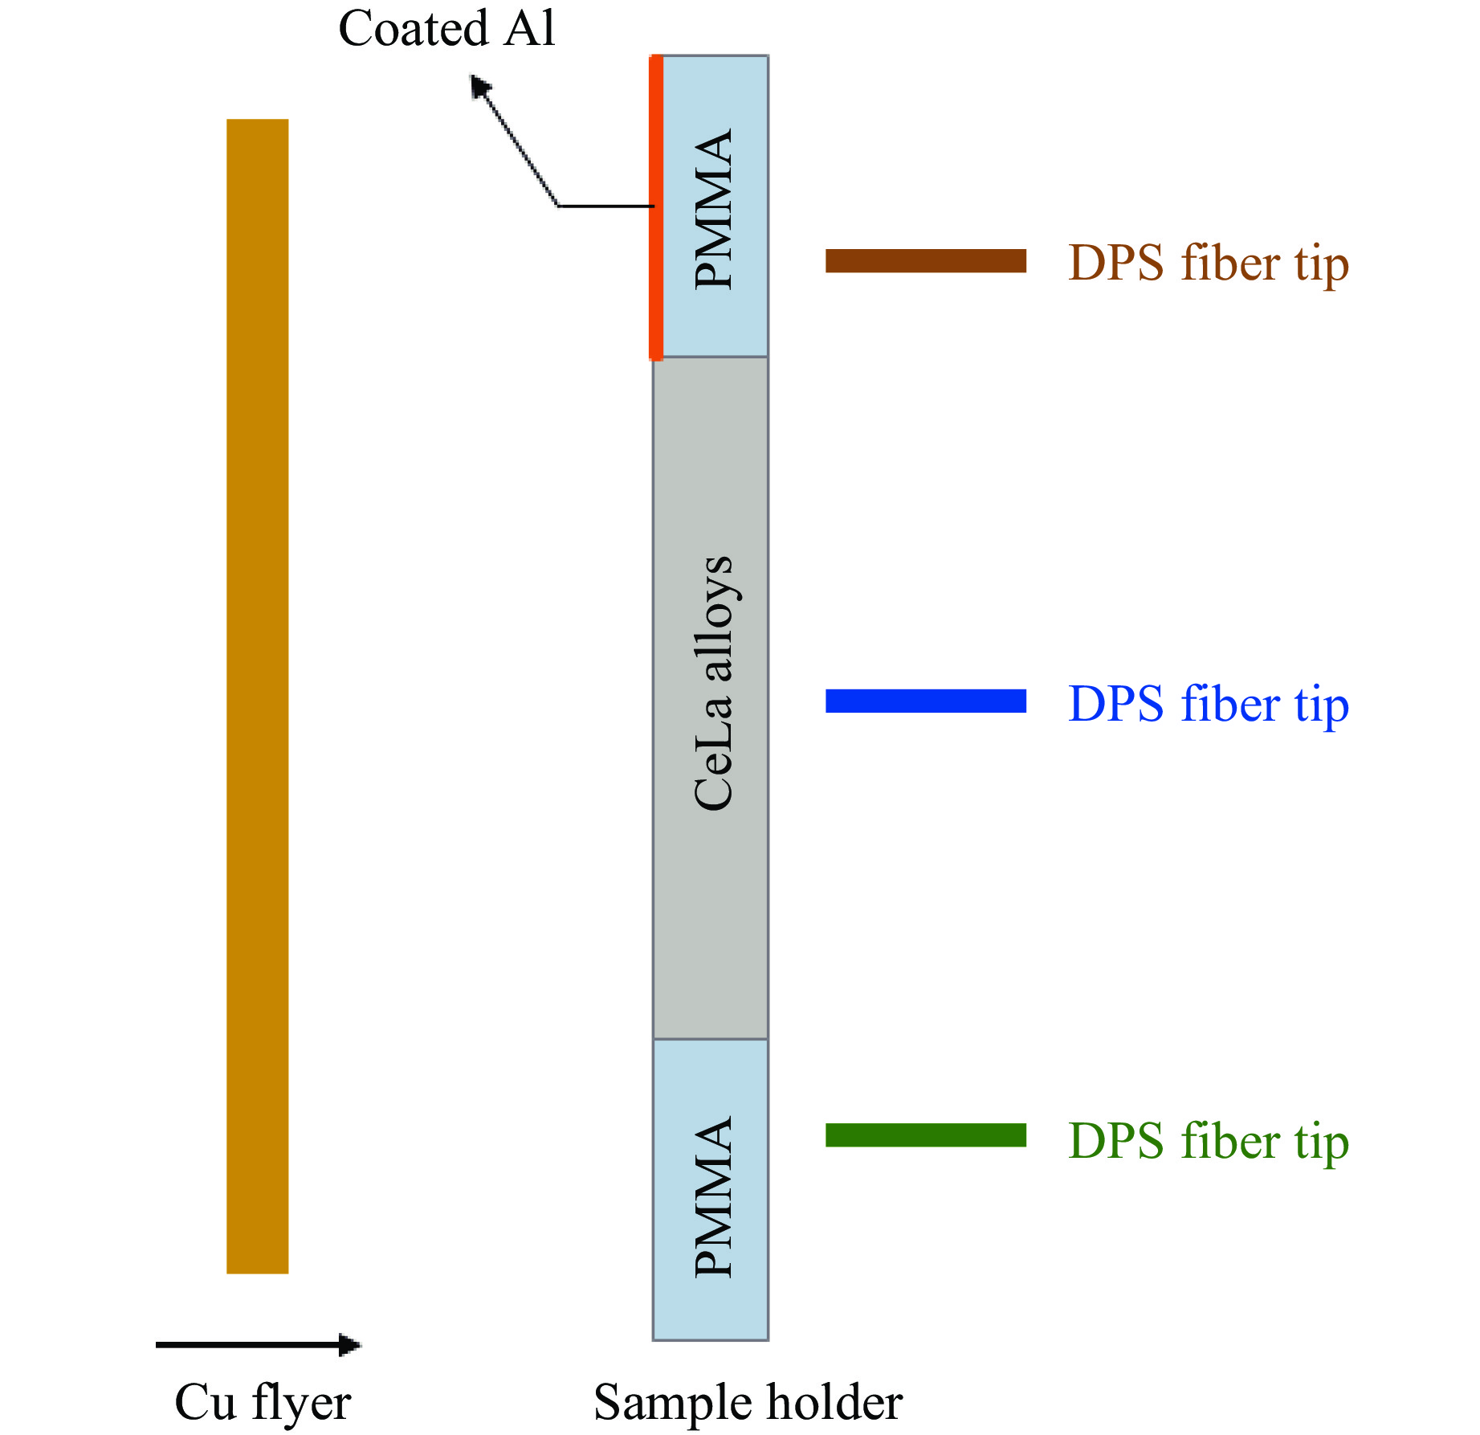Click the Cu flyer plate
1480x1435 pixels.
point(257,696)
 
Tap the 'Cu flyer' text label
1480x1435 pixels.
point(263,1402)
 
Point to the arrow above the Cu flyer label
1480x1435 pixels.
point(259,1344)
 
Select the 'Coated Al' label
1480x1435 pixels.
point(446,29)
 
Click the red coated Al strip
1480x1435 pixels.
point(656,206)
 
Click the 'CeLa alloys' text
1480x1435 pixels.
point(713,683)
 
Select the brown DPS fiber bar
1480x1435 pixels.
point(925,261)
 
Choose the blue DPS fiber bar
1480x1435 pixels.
point(925,701)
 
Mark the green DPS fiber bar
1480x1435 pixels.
point(925,1135)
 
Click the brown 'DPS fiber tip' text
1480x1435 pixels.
point(1208,264)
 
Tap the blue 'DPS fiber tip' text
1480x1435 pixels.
point(1208,704)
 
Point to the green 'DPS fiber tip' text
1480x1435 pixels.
point(1208,1141)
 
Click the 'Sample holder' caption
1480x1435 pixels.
point(748,1403)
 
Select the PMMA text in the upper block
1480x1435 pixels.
point(713,209)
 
